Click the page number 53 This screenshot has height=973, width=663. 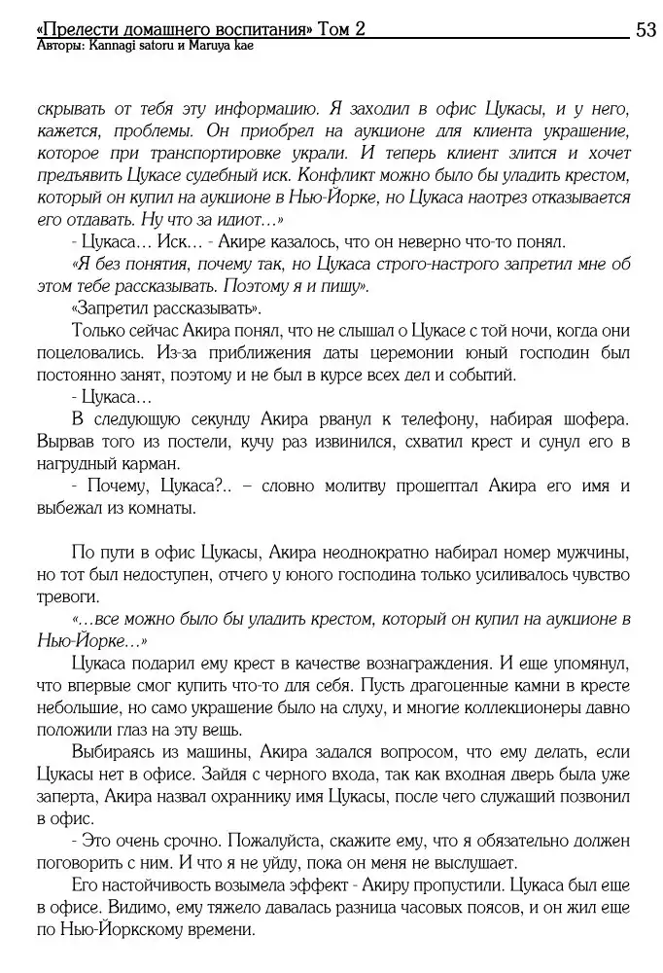(x=646, y=30)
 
